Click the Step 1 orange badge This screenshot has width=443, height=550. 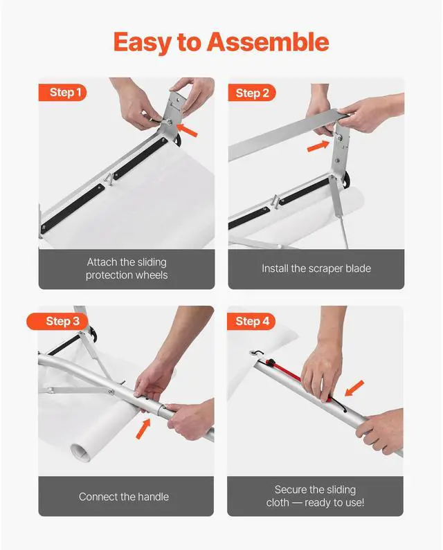66,93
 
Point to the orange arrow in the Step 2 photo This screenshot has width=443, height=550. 318,145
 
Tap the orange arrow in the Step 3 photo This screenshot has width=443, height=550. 143,428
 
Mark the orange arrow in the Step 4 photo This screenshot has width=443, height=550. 354,387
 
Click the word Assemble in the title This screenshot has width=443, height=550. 268,43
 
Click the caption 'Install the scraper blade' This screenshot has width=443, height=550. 316,268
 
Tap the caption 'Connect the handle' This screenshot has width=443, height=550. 124,497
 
